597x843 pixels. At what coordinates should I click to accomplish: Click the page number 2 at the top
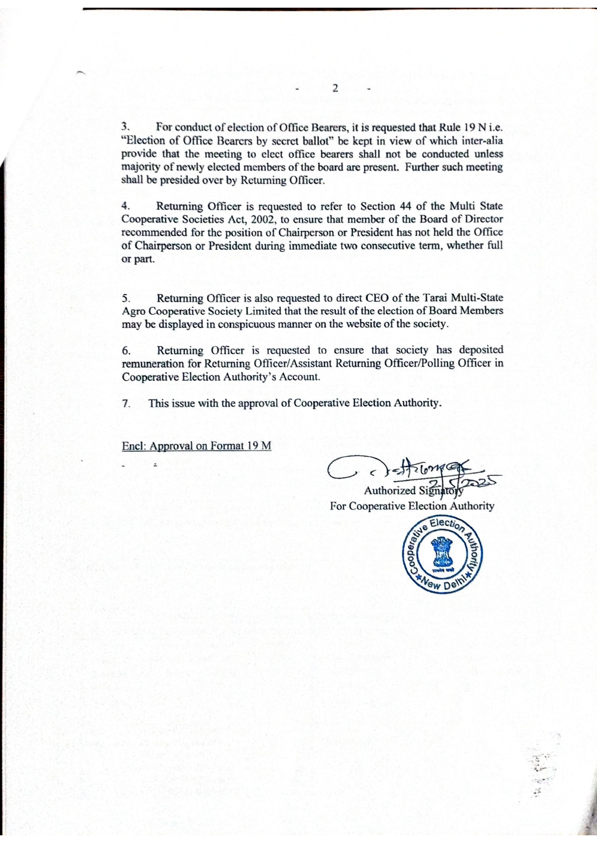(335, 88)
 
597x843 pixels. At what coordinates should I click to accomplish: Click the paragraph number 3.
(125, 127)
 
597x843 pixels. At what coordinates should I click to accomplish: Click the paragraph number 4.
(125, 206)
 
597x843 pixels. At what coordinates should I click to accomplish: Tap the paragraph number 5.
(126, 298)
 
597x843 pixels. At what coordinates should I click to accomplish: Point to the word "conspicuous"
(246, 324)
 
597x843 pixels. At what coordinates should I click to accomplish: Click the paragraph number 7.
(126, 403)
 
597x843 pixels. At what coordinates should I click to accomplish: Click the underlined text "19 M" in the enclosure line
(259, 446)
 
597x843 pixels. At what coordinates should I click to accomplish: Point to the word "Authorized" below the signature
(390, 491)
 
